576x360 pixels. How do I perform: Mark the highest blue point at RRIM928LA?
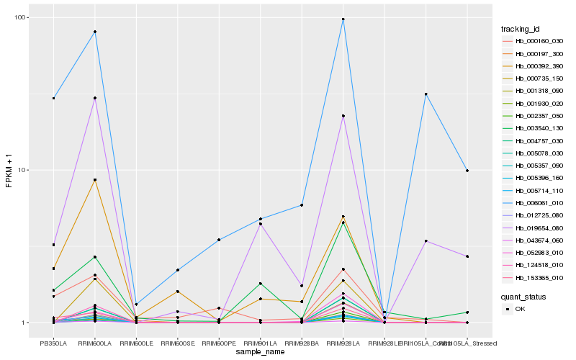(x=343, y=19)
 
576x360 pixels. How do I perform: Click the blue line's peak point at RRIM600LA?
(x=95, y=32)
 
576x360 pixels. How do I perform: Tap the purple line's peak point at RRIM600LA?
(x=95, y=98)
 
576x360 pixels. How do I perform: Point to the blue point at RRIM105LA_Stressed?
(x=467, y=171)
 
